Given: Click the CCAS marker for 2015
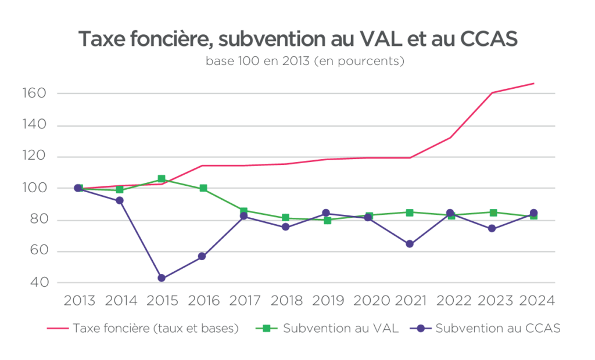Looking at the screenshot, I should (x=162, y=278).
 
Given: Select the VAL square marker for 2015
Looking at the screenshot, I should (x=162, y=179).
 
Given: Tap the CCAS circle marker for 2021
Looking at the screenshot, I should (x=410, y=244).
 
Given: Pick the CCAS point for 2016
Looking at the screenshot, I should (x=203, y=256).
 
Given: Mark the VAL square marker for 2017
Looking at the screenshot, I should (x=244, y=211).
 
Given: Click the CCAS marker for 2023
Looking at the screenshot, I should (x=492, y=228).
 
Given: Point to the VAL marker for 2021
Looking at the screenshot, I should (x=410, y=213).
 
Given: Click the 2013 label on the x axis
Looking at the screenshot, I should (x=79, y=301).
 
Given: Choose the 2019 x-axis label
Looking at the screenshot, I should (x=327, y=301).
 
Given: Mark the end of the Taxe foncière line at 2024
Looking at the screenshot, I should (x=533, y=84).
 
